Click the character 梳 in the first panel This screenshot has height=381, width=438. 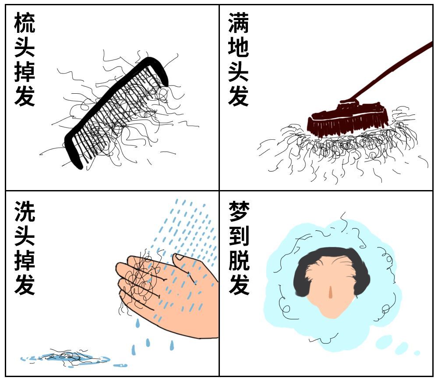25,23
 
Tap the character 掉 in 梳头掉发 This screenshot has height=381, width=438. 25,72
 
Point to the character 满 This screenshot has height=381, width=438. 238,23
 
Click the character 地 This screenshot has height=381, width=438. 238,47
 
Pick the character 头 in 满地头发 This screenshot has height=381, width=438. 238,72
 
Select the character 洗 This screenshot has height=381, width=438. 25,211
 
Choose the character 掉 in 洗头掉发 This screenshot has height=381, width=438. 25,260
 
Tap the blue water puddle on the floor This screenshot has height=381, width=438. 66,358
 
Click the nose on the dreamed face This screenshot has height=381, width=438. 331,293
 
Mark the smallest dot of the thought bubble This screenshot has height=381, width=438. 417,353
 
